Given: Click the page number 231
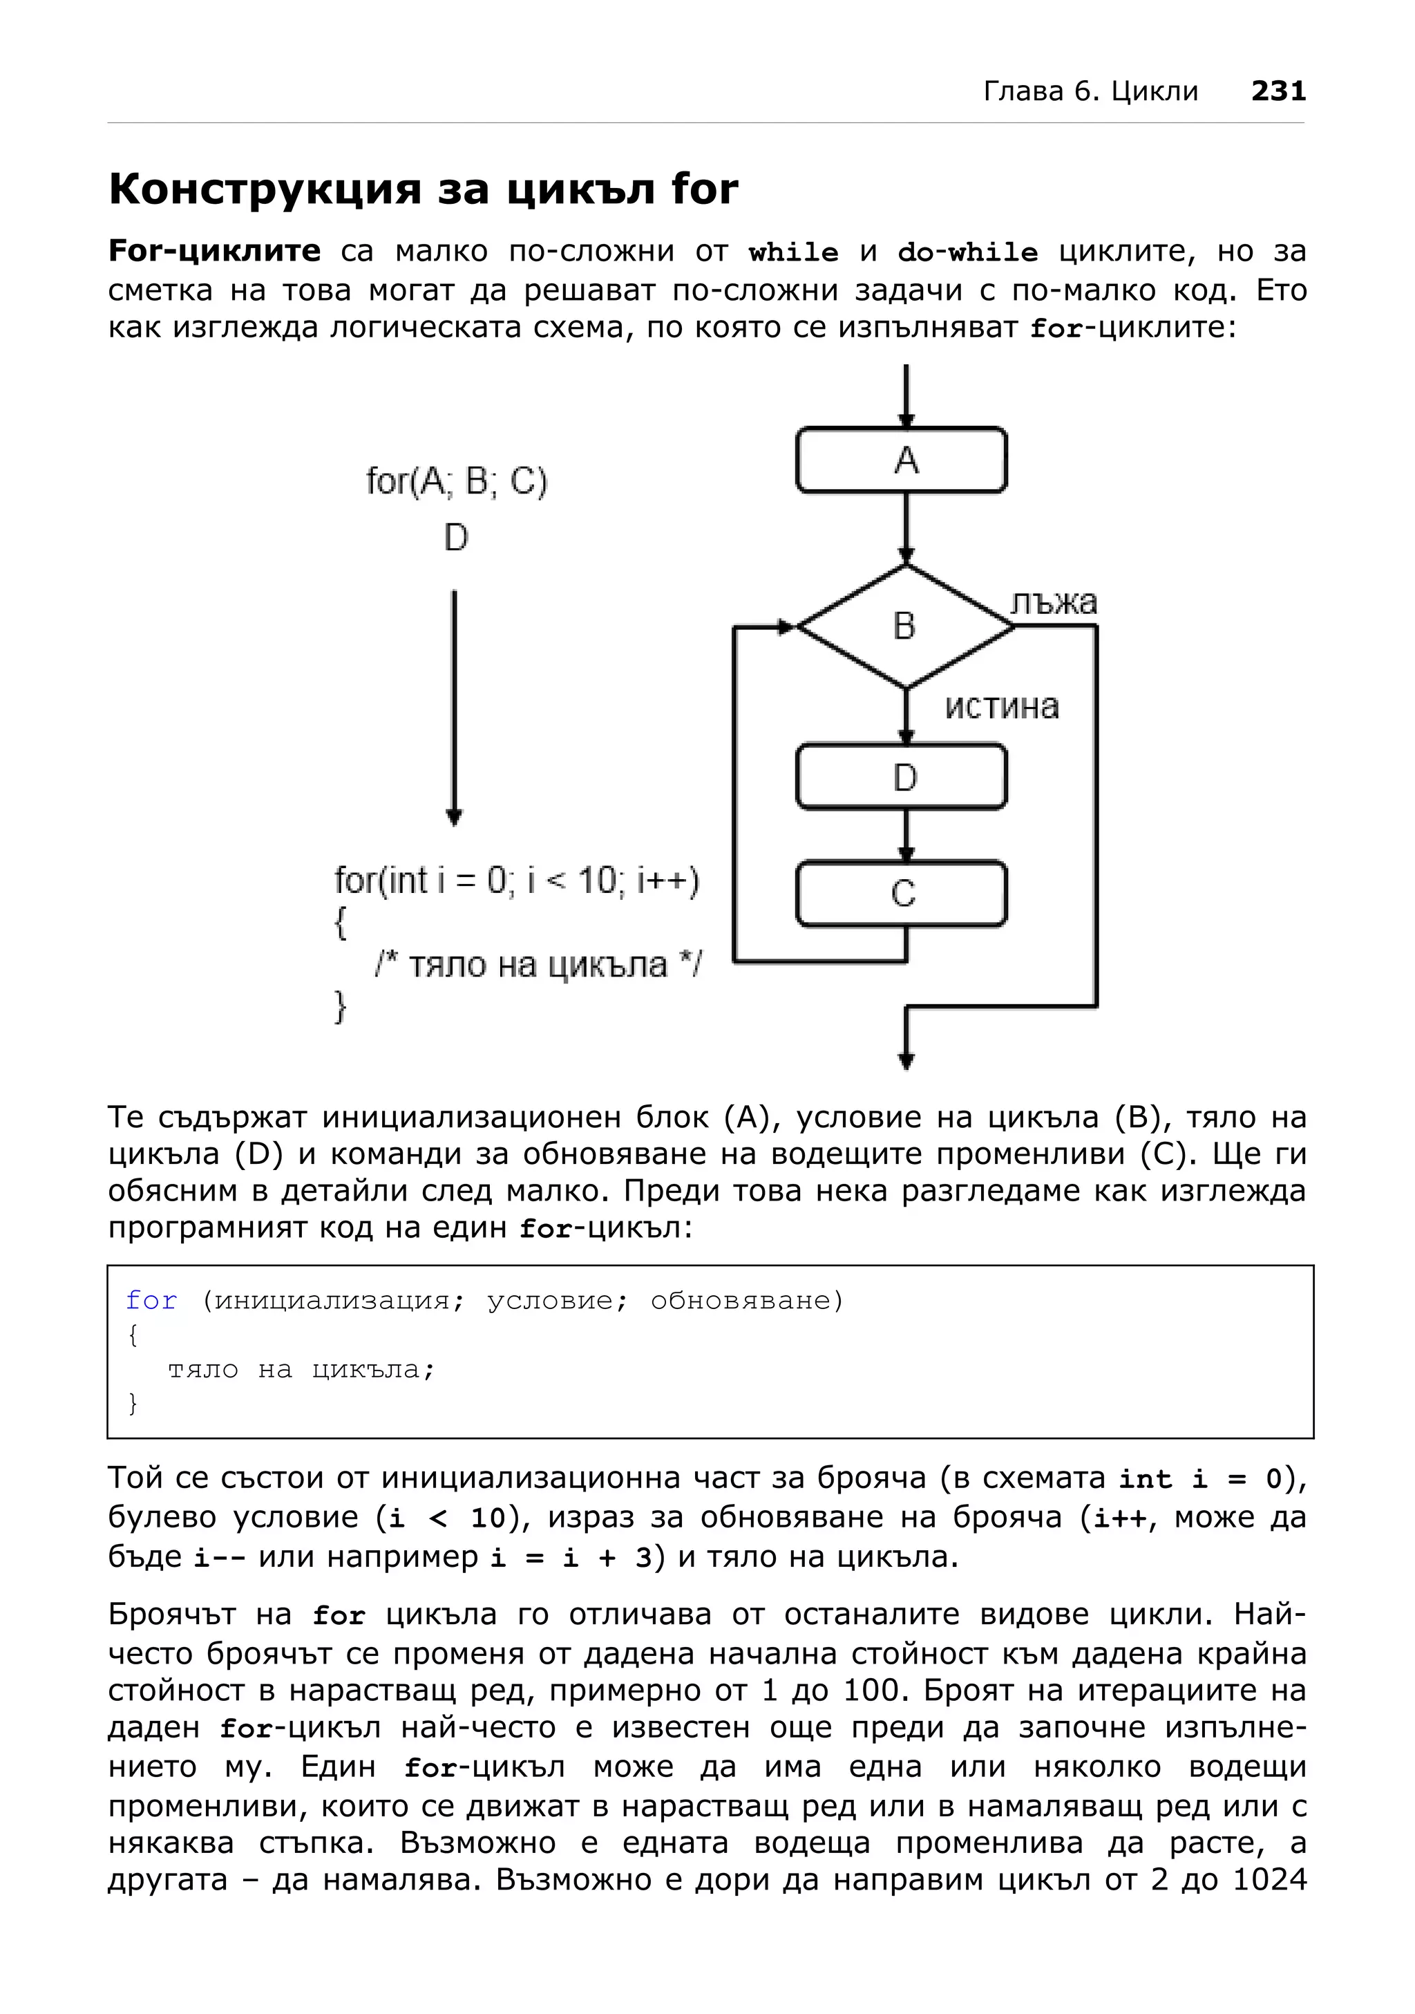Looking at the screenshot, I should point(1278,91).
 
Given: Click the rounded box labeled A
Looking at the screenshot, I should point(901,460).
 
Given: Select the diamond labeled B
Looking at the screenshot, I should point(905,626).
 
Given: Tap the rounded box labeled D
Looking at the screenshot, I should point(901,777).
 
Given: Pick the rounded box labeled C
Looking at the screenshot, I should point(901,894).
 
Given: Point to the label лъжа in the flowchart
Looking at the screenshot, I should point(1053,603).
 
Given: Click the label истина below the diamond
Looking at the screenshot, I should point(1002,707).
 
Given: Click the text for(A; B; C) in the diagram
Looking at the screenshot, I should point(456,482).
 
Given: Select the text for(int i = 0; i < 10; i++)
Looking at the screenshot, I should point(516,881).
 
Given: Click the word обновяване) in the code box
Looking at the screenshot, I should point(747,1300).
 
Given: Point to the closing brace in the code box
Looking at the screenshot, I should point(133,1404).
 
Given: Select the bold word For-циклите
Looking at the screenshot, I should point(215,252).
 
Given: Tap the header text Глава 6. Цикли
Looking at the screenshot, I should point(1091,91).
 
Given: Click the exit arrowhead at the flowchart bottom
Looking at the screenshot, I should point(906,1062).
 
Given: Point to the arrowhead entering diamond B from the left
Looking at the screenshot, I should point(786,626).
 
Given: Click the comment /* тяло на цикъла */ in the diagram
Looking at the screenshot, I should point(538,965).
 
